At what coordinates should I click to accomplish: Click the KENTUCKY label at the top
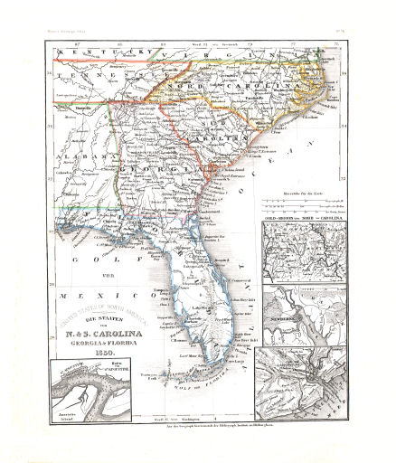tap(97, 54)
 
